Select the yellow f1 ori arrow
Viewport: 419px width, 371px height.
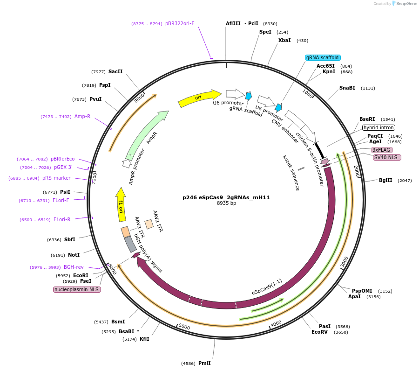[121, 204]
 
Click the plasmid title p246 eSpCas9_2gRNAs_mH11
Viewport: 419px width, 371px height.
[226, 197]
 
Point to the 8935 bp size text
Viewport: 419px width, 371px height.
[226, 203]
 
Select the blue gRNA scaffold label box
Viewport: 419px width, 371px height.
[323, 57]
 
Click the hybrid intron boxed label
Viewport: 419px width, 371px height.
[378, 127]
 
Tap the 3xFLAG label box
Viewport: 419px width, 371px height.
[382, 150]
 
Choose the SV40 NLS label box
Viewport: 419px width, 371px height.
[387, 157]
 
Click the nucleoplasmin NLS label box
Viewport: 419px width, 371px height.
[77, 289]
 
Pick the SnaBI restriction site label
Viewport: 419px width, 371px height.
[347, 88]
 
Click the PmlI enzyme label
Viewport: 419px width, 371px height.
[204, 363]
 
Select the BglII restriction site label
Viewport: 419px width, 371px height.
[385, 180]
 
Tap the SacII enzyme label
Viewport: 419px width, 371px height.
[115, 71]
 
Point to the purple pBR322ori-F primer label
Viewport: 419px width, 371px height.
[180, 23]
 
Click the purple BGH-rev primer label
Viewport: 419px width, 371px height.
[74, 267]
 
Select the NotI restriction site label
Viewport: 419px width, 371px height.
[74, 255]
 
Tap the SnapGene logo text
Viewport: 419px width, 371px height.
[406, 4]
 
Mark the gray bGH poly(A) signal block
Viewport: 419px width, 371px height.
[130, 245]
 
